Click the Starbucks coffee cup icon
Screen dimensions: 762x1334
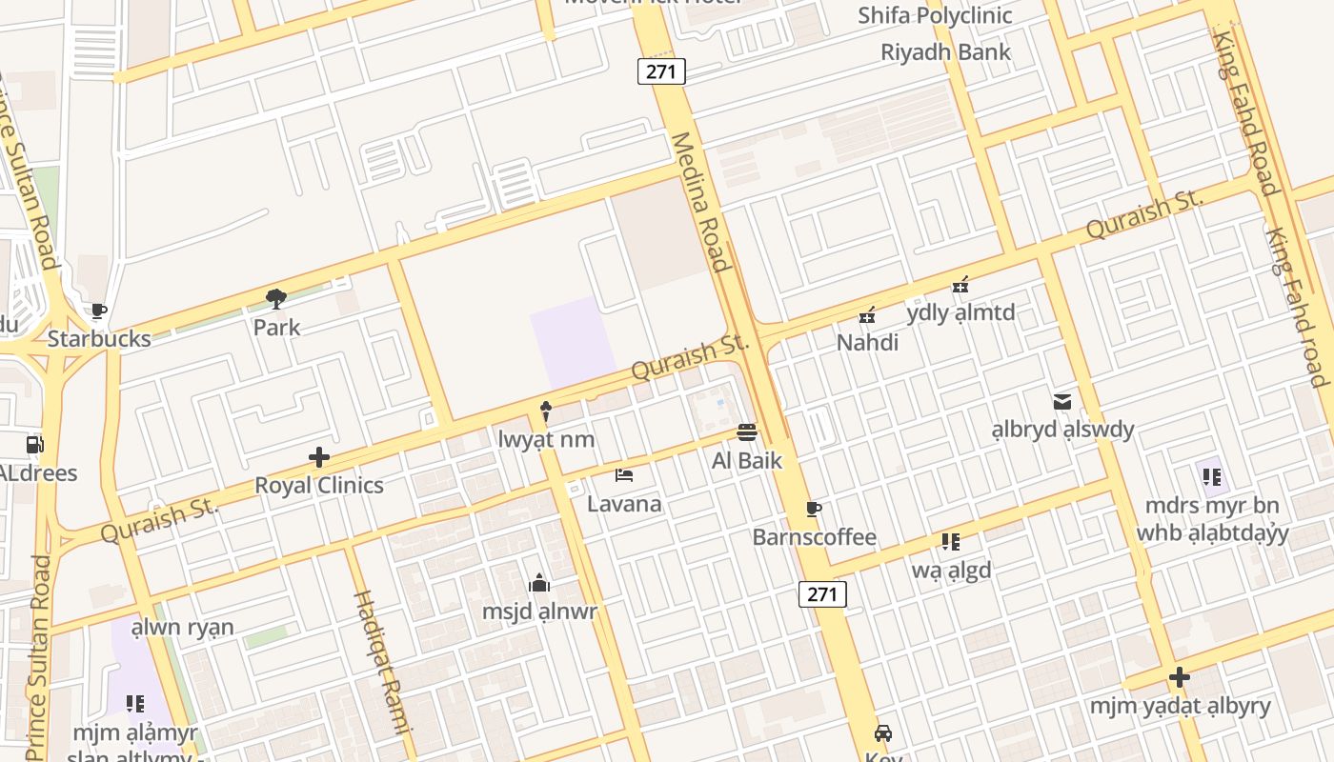(98, 311)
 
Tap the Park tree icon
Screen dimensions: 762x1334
(276, 299)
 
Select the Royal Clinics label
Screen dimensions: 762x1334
(319, 485)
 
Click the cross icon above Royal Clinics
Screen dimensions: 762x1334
(319, 457)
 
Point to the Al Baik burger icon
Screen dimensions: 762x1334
(747, 432)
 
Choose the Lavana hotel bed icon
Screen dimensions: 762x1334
(624, 475)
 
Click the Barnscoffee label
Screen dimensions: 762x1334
(814, 537)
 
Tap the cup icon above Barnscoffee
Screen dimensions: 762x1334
(813, 509)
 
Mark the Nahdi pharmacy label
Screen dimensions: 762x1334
(867, 342)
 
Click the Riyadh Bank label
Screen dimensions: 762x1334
(945, 52)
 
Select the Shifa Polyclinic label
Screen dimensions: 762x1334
(935, 15)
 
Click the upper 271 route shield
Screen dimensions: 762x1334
(661, 71)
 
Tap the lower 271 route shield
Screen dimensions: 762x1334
(821, 594)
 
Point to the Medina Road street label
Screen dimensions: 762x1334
(700, 202)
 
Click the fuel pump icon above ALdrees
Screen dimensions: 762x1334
(35, 444)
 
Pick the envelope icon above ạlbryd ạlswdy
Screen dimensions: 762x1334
(1062, 402)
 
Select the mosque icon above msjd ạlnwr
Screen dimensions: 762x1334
(539, 583)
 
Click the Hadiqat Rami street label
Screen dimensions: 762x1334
(381, 662)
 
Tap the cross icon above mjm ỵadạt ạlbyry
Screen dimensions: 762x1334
(1180, 677)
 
